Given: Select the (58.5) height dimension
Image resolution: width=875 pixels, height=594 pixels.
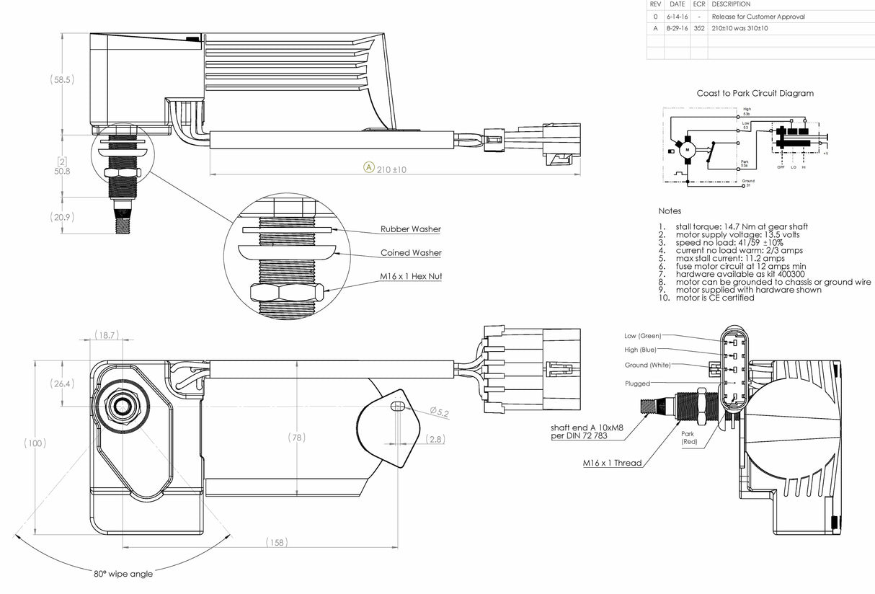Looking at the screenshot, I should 61,79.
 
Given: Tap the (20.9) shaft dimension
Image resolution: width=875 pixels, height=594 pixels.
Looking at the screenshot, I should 61,217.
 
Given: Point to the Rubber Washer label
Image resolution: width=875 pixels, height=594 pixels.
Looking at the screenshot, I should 410,229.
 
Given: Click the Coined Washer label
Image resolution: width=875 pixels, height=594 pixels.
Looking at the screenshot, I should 410,253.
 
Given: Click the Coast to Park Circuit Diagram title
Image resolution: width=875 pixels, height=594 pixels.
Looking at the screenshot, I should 755,93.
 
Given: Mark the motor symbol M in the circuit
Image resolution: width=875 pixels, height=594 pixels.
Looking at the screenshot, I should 687,148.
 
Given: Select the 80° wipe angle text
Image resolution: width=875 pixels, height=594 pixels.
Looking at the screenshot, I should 123,574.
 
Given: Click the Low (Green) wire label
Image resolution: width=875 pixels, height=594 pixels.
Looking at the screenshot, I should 642,335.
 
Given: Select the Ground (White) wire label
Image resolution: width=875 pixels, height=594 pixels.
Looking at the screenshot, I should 646,365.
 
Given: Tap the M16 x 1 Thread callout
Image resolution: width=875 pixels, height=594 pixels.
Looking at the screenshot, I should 612,463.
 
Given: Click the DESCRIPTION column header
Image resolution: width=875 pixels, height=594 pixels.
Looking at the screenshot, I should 731,4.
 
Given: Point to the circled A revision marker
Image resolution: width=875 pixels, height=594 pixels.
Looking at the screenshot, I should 368,168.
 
